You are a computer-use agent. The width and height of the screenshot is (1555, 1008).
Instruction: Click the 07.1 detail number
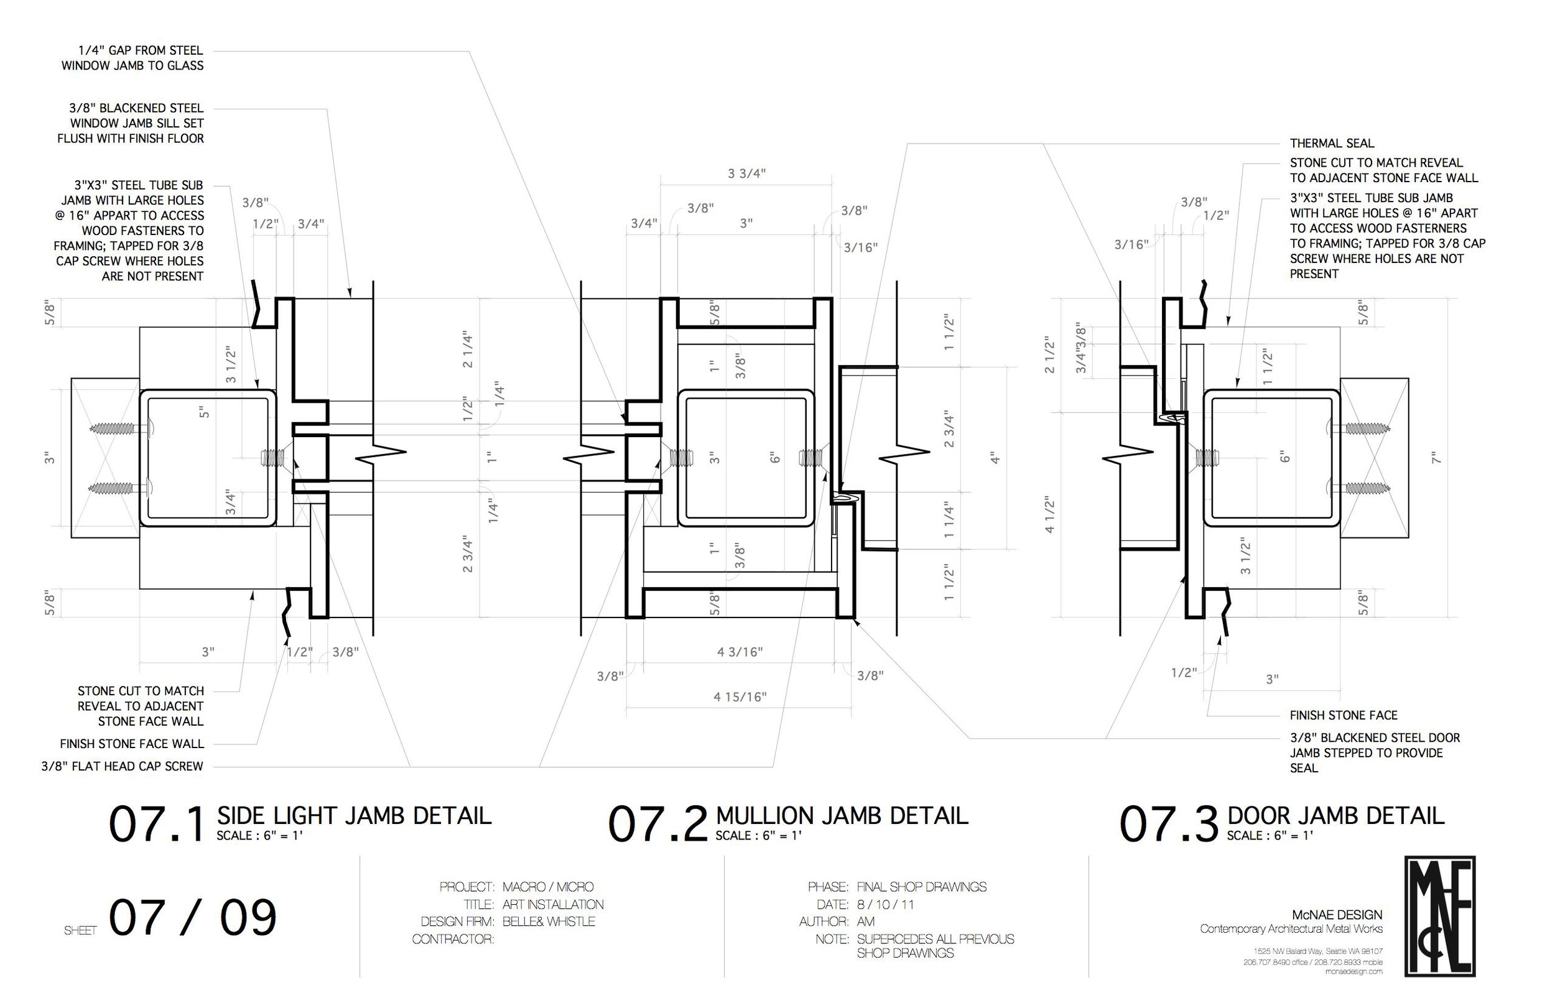[157, 825]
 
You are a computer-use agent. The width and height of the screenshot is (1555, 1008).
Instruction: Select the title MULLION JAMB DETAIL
[842, 816]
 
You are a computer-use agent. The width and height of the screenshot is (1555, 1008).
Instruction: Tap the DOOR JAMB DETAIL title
[1335, 816]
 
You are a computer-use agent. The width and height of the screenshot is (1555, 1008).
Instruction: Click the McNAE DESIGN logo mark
[1441, 917]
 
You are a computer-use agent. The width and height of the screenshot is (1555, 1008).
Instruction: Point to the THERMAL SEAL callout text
[1332, 143]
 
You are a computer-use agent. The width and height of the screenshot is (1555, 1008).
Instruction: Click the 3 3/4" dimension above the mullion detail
[746, 173]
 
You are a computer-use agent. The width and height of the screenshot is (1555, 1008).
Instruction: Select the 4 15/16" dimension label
[740, 697]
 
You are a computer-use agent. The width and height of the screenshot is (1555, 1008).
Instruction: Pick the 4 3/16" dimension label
[740, 651]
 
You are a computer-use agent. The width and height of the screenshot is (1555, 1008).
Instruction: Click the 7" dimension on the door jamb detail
[1436, 458]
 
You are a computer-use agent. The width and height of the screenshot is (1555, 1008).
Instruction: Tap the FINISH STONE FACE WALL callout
[132, 744]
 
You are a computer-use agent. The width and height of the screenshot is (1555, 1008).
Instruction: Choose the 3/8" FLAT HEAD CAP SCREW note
[122, 766]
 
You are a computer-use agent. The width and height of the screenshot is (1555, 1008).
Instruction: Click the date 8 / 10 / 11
[885, 905]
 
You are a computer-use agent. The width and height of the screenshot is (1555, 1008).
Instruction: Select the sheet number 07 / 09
[193, 918]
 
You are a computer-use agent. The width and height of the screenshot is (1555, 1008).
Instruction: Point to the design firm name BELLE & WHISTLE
[549, 922]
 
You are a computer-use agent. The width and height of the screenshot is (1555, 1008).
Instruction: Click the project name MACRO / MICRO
[547, 887]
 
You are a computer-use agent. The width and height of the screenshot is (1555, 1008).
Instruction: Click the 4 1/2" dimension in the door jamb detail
[1050, 515]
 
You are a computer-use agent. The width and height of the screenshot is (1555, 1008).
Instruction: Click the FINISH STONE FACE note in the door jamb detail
[1344, 715]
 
